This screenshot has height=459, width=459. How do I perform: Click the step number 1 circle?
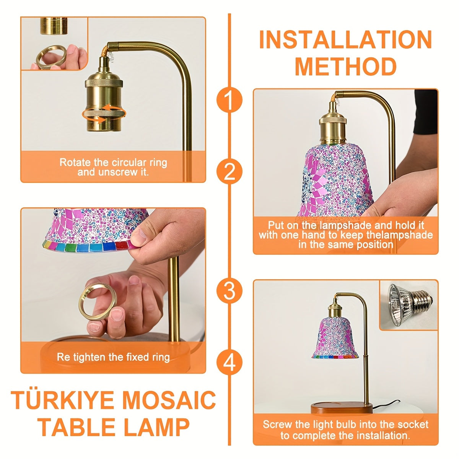(x=229, y=100)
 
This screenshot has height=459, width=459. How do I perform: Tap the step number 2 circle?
(x=229, y=172)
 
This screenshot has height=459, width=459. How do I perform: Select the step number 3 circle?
(x=229, y=291)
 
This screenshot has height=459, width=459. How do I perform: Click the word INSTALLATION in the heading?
(x=345, y=39)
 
